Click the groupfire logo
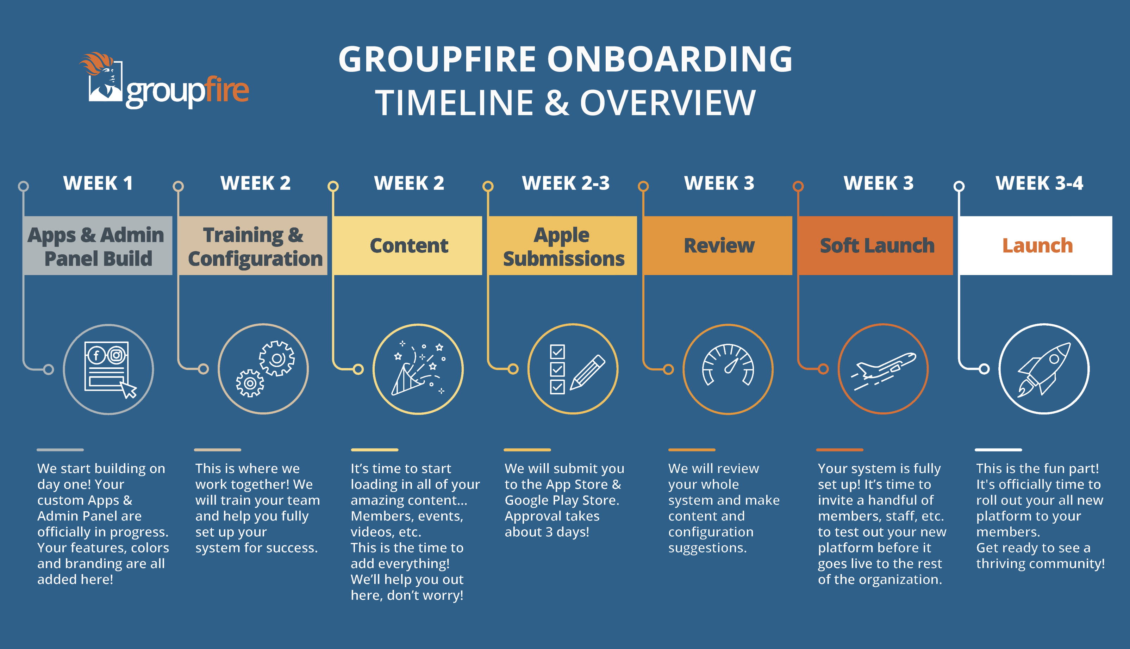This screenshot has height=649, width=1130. click(x=164, y=82)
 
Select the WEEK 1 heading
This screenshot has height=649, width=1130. click(x=98, y=183)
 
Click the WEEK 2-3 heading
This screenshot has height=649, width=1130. click(x=566, y=183)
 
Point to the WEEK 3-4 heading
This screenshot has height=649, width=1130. click(x=1039, y=183)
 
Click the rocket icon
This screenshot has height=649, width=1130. click(x=1044, y=369)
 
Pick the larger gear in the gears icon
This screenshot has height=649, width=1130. click(x=277, y=358)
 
